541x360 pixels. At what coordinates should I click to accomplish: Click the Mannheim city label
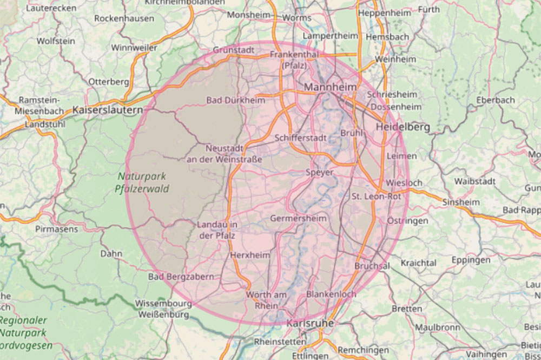[331, 87]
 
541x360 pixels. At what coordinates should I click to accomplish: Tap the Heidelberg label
[402, 127]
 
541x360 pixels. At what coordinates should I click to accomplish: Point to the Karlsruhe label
[310, 323]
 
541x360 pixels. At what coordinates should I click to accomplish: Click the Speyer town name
[320, 172]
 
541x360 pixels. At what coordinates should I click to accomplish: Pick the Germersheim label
[298, 218]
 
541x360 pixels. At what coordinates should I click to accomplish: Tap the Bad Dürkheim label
[236, 100]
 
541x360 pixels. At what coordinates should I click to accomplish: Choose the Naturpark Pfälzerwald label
[142, 182]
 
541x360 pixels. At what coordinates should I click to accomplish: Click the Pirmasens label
[56, 229]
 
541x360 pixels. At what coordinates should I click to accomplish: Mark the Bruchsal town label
[372, 266]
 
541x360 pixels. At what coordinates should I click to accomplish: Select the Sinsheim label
[461, 202]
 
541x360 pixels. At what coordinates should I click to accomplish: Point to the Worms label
[297, 18]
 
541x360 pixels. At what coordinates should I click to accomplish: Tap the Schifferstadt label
[300, 138]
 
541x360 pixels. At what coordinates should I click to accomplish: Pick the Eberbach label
[496, 100]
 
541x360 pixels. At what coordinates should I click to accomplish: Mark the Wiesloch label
[404, 183]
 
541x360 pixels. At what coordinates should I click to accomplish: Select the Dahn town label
[111, 253]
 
